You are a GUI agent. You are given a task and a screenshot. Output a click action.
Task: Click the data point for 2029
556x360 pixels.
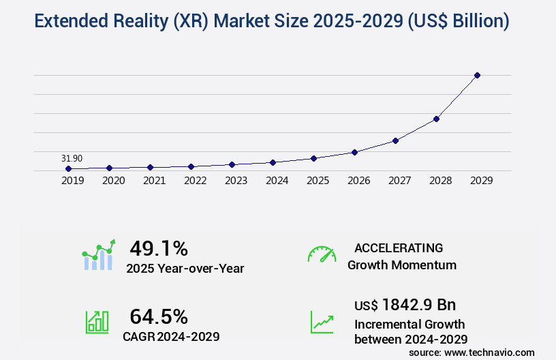coord(477,75)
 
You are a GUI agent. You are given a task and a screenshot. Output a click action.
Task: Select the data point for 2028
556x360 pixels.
coord(436,119)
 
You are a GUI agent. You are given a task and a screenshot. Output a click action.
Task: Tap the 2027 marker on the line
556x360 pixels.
coord(395,140)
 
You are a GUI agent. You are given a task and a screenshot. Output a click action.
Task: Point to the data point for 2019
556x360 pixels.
coord(68,168)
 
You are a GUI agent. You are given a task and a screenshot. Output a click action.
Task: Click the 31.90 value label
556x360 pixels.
coord(72,158)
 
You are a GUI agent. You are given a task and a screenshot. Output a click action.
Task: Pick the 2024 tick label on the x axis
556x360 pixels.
coord(277,181)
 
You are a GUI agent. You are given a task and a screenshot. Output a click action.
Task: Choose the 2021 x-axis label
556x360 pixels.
coord(154,181)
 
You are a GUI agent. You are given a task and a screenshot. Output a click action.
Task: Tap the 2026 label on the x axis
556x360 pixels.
coord(358,181)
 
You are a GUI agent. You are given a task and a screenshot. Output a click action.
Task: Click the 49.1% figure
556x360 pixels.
coord(158,249)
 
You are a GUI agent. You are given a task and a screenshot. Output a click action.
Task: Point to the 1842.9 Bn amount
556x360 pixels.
coord(418,305)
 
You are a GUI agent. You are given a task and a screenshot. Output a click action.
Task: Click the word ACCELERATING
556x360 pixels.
coord(399,248)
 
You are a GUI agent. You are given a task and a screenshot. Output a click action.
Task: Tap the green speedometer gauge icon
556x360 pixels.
coord(322,254)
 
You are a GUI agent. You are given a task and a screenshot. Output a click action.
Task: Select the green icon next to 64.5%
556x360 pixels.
coord(97,322)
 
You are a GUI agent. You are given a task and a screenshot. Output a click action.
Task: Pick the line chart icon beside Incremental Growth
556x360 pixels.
coord(322,322)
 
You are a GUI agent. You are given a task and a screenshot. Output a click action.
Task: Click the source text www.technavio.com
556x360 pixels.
coord(491,352)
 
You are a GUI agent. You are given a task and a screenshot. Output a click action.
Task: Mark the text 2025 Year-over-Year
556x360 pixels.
coord(185,269)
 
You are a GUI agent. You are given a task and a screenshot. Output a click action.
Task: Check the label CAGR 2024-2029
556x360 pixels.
coord(171,336)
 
